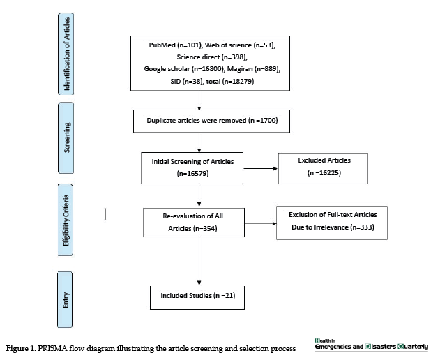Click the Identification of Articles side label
[x=66, y=54]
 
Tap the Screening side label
[x=66, y=137]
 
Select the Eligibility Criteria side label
[x=66, y=220]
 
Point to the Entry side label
[x=65, y=299]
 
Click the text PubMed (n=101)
[x=175, y=45]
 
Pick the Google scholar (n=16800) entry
[x=184, y=69]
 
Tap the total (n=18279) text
[x=230, y=82]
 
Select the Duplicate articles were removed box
[x=211, y=121]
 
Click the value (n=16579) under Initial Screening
[x=192, y=174]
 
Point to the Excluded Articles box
[x=323, y=169]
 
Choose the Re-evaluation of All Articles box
[x=194, y=223]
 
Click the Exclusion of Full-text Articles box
[x=332, y=223]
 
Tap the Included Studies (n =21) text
[x=198, y=296]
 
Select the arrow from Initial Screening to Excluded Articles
[x=260, y=168]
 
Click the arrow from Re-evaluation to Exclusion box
[x=260, y=223]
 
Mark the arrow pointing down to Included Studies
[x=199, y=261]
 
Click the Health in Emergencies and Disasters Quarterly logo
[x=371, y=345]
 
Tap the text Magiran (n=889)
[x=254, y=69]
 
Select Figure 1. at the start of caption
[x=21, y=348]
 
